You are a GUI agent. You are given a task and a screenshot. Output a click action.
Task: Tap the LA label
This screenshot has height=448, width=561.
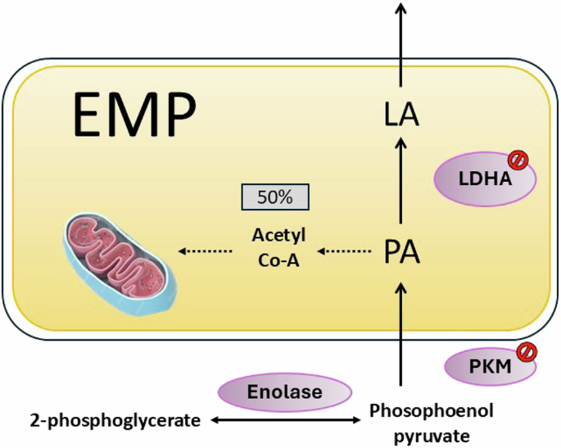tap(401, 115)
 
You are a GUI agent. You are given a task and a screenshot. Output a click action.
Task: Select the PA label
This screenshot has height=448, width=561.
tap(401, 251)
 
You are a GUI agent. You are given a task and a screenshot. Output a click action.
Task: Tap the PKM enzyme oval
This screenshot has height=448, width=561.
tap(490, 368)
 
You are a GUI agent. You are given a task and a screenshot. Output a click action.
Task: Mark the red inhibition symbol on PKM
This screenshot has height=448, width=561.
tap(526, 351)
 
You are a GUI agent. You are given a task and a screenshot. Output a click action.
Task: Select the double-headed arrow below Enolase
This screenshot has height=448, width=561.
tap(286, 421)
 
